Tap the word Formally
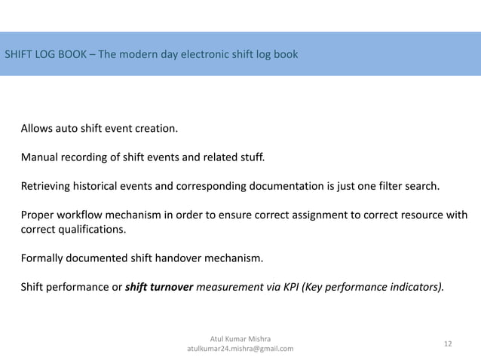[44, 259]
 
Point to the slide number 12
[448, 343]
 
